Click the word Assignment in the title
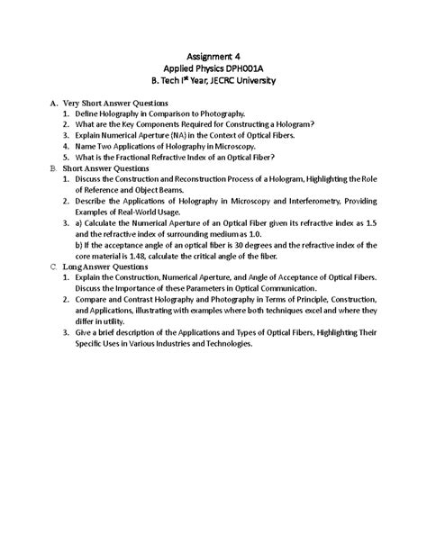[205, 54]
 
